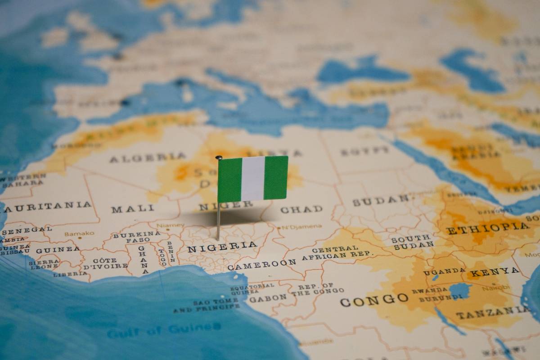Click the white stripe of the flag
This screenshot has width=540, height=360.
(x=253, y=178)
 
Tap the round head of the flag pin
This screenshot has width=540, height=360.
(x=219, y=157)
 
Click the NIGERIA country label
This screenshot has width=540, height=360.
(x=222, y=247)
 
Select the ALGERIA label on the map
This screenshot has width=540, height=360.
(x=148, y=157)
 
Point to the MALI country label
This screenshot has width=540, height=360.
(x=133, y=209)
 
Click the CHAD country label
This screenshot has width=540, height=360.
(x=301, y=209)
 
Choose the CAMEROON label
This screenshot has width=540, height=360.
(x=262, y=264)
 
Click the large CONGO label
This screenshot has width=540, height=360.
(x=374, y=299)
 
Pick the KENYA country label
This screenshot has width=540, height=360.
(x=495, y=272)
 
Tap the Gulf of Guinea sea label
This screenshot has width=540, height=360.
(x=164, y=330)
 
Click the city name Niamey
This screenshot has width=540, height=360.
(x=170, y=225)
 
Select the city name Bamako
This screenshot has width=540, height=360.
(x=80, y=234)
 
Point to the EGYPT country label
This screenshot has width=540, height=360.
(x=364, y=151)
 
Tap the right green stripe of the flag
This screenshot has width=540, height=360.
(x=276, y=177)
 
